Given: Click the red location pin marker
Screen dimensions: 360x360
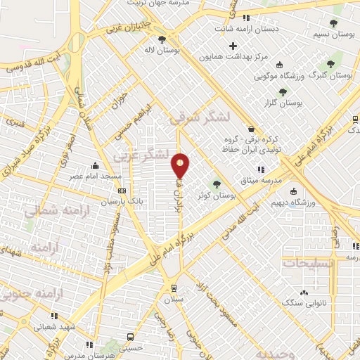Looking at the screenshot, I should [x=181, y=165].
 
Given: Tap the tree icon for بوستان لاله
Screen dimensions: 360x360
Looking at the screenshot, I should [x=162, y=39].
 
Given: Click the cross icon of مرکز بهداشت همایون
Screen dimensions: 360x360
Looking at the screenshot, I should [x=233, y=46].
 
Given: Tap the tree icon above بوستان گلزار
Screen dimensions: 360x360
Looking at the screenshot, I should [x=283, y=91].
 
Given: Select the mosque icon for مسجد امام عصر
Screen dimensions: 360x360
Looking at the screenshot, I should [x=96, y=167].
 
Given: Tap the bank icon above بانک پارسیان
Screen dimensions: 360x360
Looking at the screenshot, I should [x=122, y=191].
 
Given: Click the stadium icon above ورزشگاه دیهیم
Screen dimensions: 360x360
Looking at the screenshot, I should [x=293, y=192].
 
